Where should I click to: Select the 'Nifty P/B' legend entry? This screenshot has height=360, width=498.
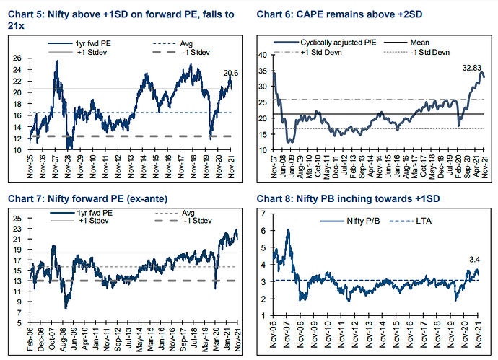tap(348, 225)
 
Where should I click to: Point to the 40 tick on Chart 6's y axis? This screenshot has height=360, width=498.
tap(263, 55)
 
